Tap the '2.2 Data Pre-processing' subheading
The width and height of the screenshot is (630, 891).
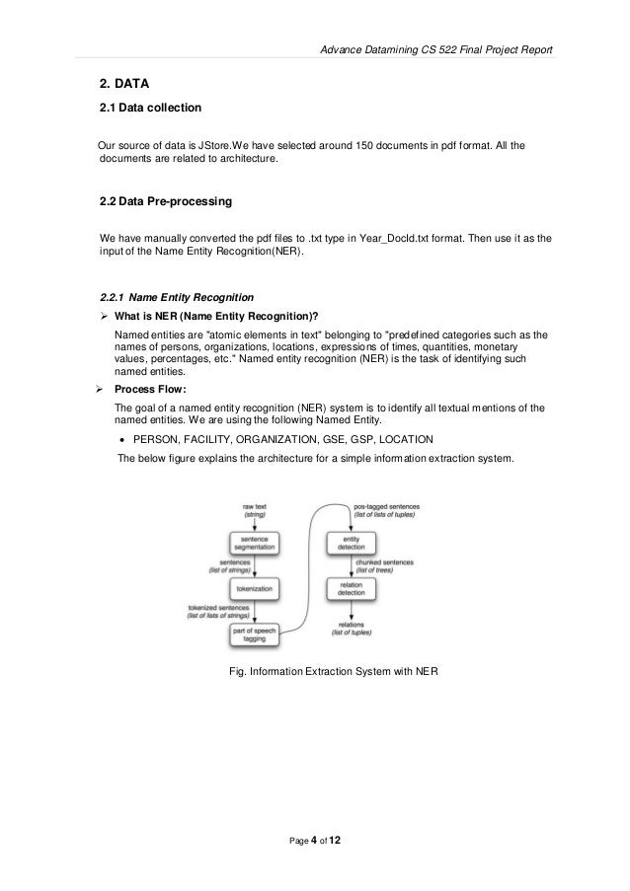(166, 201)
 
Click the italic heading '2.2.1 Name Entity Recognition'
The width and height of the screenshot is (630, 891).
(178, 297)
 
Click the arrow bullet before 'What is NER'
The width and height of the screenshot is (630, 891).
(105, 316)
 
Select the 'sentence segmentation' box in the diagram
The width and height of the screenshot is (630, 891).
(254, 545)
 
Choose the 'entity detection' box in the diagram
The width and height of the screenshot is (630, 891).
(354, 545)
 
